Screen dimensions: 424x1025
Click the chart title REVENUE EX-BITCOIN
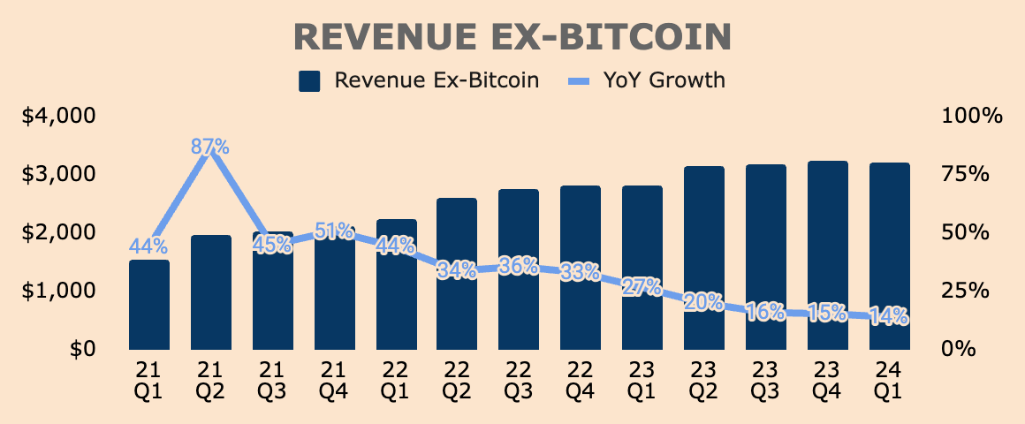point(512,36)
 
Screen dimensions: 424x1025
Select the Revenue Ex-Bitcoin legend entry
point(420,80)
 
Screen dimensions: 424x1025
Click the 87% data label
point(210,147)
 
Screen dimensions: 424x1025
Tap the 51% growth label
point(334,231)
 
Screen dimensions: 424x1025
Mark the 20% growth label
point(704,302)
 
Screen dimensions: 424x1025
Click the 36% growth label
point(519,265)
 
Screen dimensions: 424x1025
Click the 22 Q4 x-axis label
point(581,377)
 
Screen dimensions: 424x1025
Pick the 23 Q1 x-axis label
point(642,377)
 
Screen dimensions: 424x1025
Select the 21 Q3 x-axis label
point(272,377)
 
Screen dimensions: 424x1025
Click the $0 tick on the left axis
point(83,349)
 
